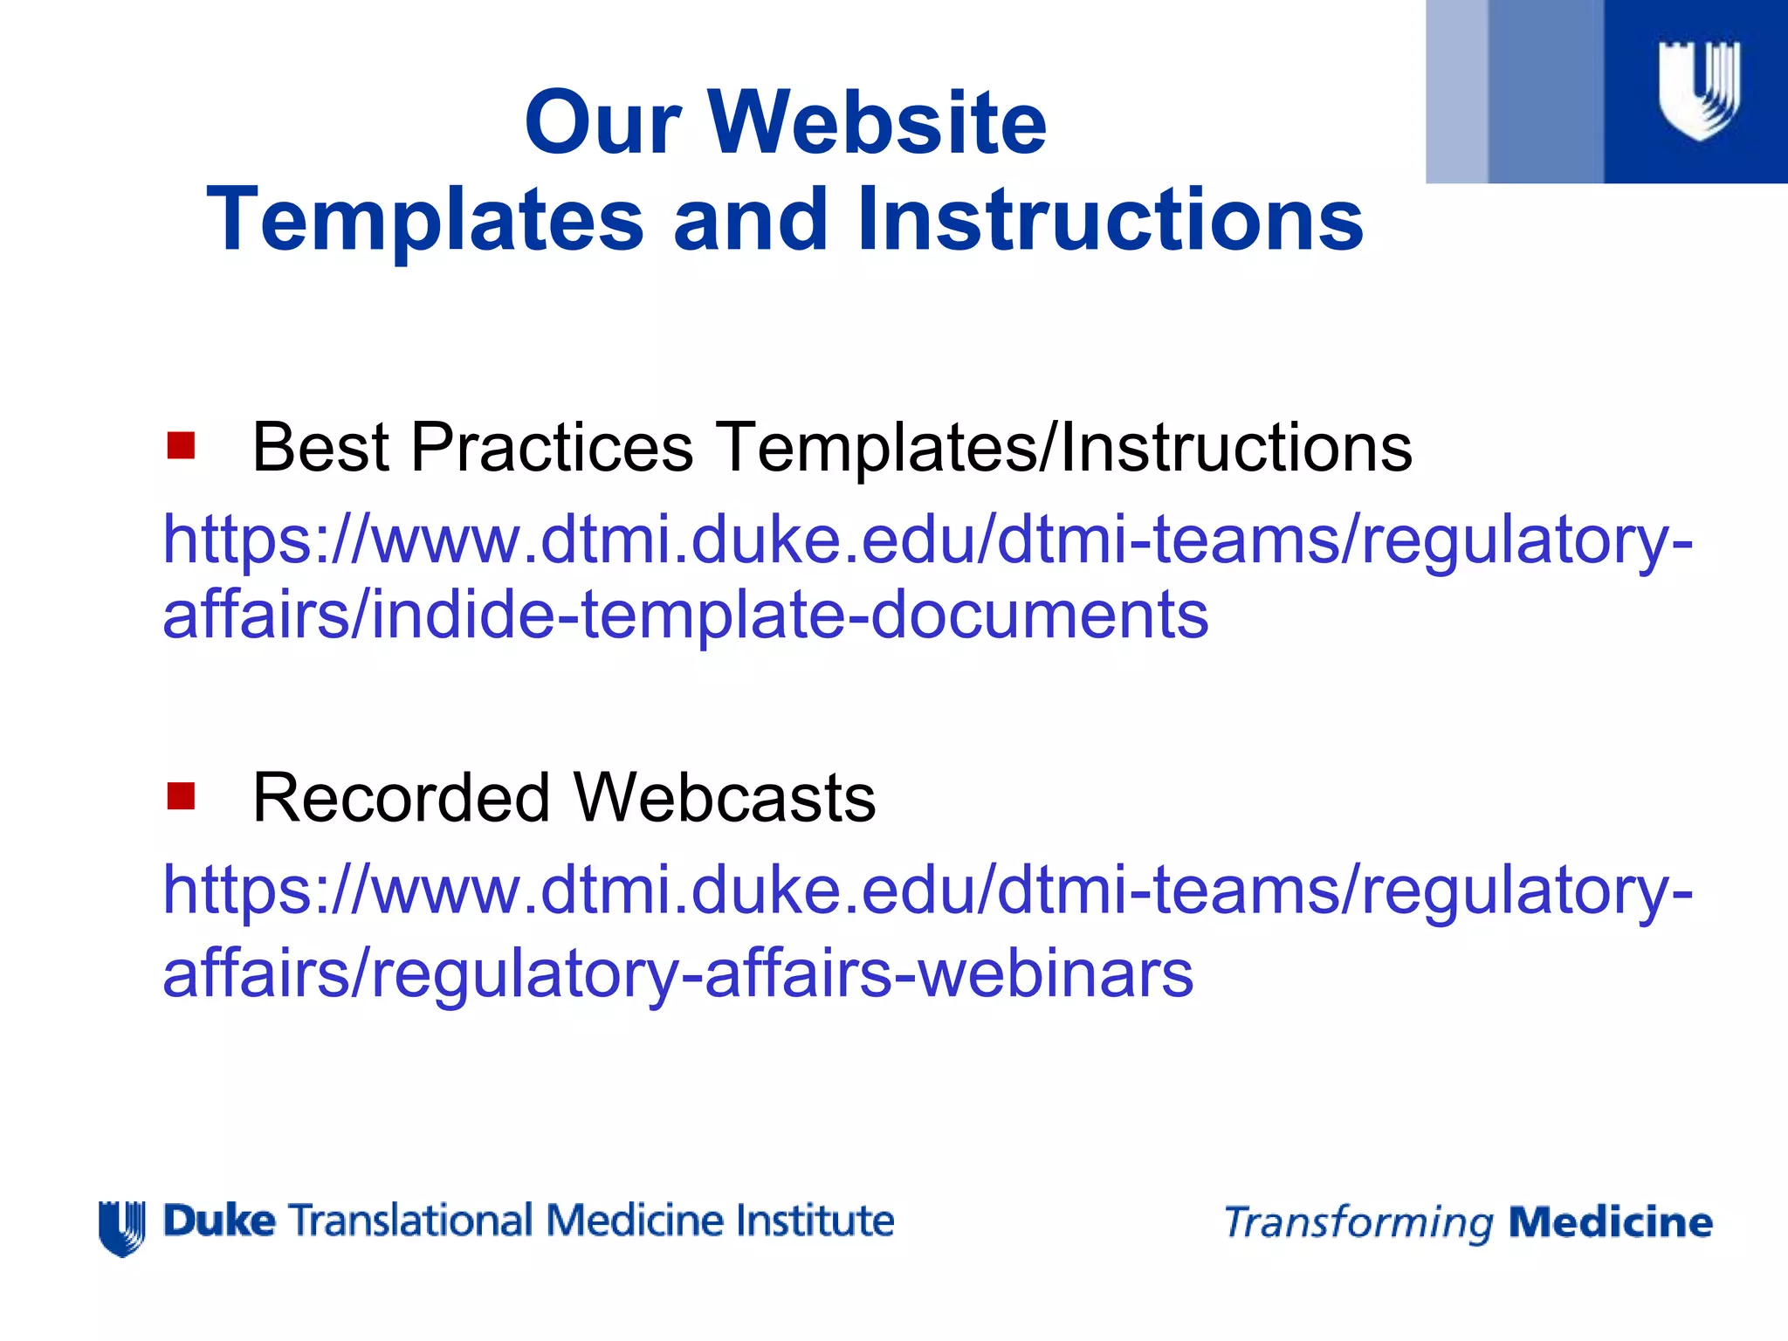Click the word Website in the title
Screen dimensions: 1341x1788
point(877,123)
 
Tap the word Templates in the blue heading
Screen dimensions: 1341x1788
point(425,220)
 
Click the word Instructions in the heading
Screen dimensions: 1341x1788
point(1110,220)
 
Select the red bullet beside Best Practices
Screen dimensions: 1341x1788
point(181,446)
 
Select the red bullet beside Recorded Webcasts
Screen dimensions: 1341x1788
point(181,796)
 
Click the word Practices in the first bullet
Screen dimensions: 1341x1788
point(552,448)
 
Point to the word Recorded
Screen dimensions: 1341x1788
point(401,798)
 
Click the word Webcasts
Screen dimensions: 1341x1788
point(724,798)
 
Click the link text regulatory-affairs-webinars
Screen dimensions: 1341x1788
point(782,973)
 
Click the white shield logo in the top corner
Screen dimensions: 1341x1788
point(1699,90)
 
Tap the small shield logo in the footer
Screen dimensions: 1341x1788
point(121,1228)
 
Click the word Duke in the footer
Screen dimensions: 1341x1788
point(219,1221)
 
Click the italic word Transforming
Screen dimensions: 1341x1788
point(1358,1223)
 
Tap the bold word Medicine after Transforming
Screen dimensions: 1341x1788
point(1610,1222)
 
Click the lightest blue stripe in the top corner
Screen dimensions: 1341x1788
point(1455,92)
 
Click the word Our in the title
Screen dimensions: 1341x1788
point(602,123)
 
